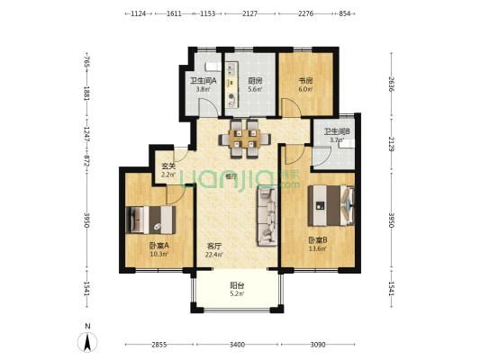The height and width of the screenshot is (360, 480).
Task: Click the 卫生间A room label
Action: (x=201, y=81)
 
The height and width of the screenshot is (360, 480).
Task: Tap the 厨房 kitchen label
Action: (x=255, y=81)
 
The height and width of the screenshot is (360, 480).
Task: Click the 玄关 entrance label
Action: (x=168, y=165)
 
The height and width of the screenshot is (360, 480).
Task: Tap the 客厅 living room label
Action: (x=214, y=246)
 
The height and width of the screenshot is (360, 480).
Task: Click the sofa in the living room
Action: (x=267, y=217)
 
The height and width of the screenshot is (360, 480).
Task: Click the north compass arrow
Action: (x=86, y=341)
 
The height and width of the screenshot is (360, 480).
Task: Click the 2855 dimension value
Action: (x=158, y=345)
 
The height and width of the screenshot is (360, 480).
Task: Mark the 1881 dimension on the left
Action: (x=87, y=93)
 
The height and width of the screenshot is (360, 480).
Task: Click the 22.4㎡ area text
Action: (x=214, y=255)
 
